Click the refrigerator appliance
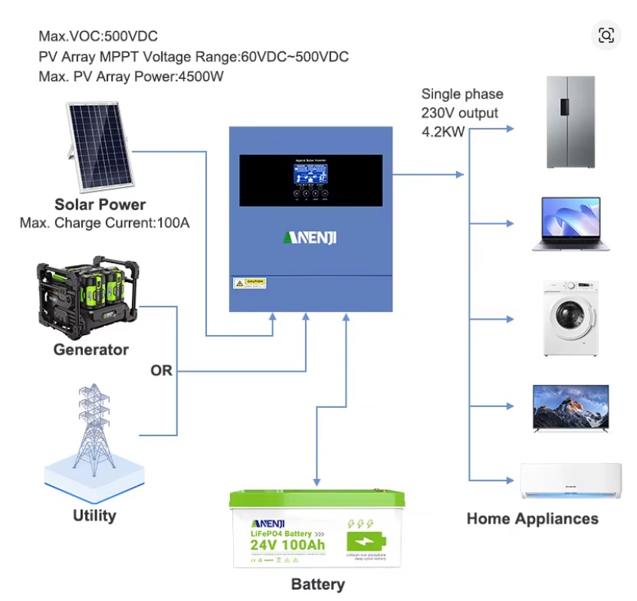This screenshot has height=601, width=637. click(x=570, y=123)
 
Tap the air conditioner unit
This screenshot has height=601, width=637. click(x=570, y=481)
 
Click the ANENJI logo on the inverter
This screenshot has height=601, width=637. click(x=310, y=238)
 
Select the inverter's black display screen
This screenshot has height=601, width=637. click(x=310, y=181)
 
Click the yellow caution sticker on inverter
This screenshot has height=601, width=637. click(x=250, y=284)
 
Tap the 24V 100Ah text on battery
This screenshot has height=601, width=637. click(x=287, y=545)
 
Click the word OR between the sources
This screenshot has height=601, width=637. click(x=162, y=371)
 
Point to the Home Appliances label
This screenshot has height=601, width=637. click(x=532, y=519)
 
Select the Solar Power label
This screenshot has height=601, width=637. click(x=100, y=205)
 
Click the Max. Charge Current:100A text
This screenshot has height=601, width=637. click(x=104, y=223)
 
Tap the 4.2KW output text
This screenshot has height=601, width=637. click(x=444, y=130)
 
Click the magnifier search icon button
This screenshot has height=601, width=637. click(x=606, y=35)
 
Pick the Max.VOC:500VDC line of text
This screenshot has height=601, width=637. click(x=98, y=36)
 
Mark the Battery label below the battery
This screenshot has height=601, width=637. click(x=317, y=585)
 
